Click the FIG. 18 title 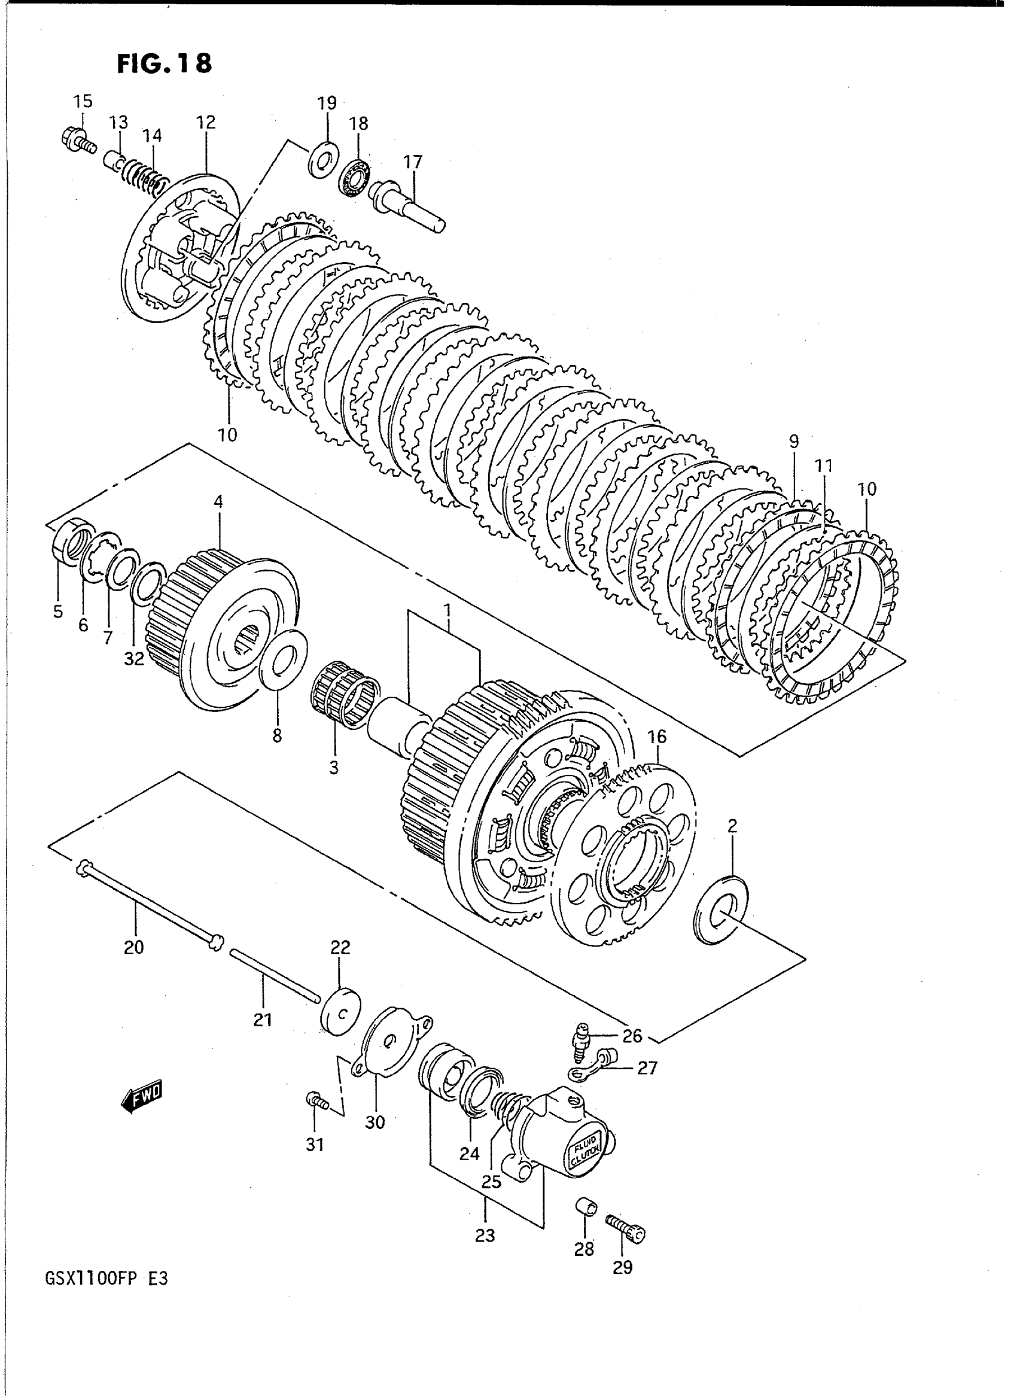coord(165,64)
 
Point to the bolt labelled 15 coord(78,140)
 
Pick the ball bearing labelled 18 coord(354,178)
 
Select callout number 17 coord(412,163)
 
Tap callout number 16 coord(657,737)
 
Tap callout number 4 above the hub coord(218,502)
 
